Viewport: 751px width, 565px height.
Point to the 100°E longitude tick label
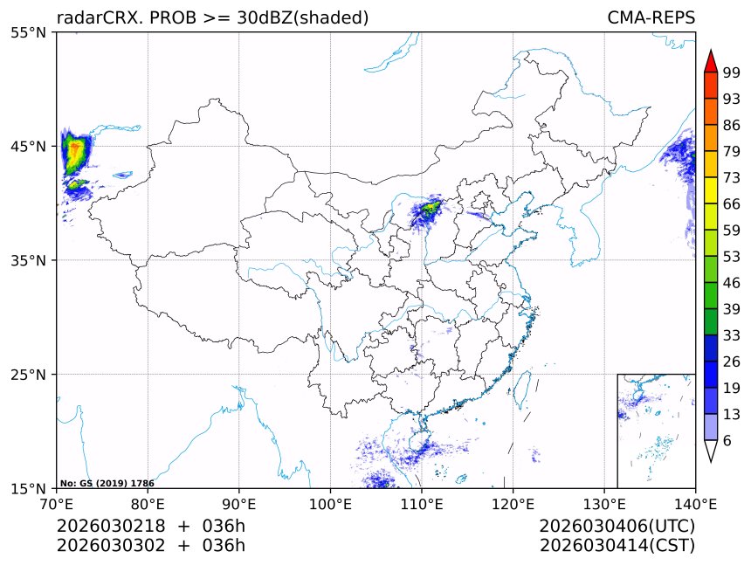click(x=330, y=503)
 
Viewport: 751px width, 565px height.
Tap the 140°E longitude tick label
click(x=695, y=503)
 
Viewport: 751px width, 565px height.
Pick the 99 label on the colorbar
click(x=732, y=72)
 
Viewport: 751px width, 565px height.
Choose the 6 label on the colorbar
click(x=727, y=441)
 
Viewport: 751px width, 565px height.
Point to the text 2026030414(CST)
click(x=617, y=546)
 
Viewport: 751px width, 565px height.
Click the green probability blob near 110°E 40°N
click(x=431, y=208)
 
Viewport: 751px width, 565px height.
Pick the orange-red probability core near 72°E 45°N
click(x=75, y=152)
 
